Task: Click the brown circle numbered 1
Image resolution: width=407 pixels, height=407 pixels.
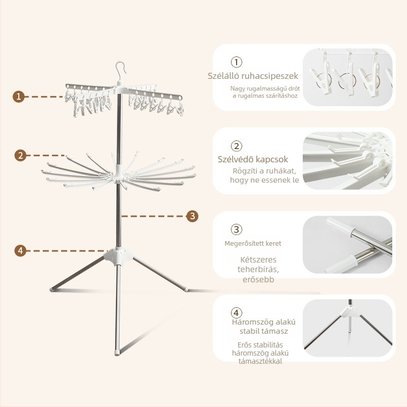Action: point(19,97)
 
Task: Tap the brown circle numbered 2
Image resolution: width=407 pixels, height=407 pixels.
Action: point(20,155)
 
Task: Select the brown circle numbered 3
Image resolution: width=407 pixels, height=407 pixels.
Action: point(192,216)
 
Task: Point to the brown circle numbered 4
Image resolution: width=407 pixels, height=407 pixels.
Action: point(20,251)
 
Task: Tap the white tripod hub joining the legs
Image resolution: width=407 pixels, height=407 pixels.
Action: point(119,256)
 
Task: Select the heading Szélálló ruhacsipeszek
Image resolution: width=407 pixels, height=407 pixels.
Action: point(253,76)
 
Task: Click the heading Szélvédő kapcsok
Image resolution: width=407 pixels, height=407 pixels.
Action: point(253,159)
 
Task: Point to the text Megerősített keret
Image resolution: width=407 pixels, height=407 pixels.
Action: point(253,244)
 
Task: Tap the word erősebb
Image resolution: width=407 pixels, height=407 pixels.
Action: point(258,279)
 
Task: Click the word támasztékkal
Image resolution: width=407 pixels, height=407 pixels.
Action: point(260,361)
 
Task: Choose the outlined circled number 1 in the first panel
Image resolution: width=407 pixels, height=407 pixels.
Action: point(236,62)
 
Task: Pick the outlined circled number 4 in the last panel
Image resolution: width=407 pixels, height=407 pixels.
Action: point(236,312)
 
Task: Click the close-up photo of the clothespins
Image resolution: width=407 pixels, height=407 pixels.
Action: point(347,77)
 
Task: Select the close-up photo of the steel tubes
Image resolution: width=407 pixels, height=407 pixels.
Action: point(347,245)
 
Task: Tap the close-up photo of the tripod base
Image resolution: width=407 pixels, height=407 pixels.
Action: point(347,328)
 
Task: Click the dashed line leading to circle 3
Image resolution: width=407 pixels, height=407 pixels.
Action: point(153,216)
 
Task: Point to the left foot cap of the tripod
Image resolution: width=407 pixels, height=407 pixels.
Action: point(52,289)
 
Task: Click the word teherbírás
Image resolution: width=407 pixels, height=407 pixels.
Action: point(258,269)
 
